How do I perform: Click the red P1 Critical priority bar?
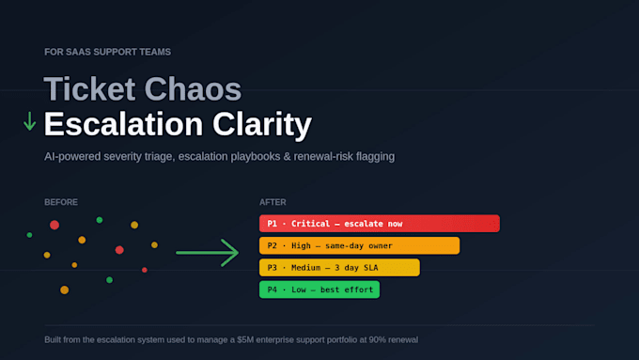point(380,224)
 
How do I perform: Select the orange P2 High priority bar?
point(359,245)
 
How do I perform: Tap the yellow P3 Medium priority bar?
point(339,268)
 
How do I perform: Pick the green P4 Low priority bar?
point(319,290)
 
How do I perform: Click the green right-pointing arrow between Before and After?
point(207,253)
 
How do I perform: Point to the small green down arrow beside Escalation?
point(29,121)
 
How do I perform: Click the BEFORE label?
point(61,202)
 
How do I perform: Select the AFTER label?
point(273,202)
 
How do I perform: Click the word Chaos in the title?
point(193,89)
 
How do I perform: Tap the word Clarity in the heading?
point(262,124)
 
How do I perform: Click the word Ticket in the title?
point(89,89)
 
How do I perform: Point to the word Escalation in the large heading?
point(123,124)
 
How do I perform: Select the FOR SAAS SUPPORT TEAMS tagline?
point(107,53)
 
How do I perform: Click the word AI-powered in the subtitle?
point(72,157)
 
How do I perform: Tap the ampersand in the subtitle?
point(287,157)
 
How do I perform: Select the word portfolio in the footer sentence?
point(340,339)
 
